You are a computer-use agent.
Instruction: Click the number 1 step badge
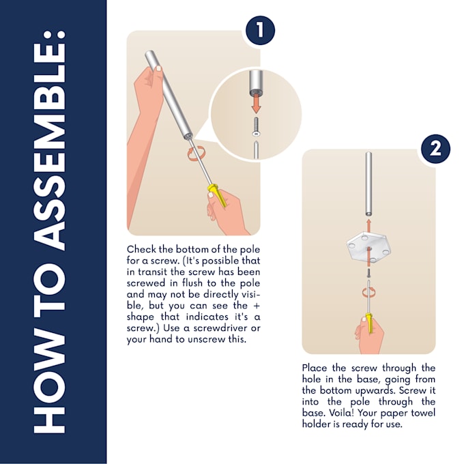[260, 31]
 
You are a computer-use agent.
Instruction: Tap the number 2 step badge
[435, 149]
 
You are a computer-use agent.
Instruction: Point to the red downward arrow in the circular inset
[256, 103]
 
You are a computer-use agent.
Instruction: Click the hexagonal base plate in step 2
[368, 249]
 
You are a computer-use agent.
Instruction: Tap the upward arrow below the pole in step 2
[368, 223]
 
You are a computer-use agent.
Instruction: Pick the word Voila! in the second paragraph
[366, 413]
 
